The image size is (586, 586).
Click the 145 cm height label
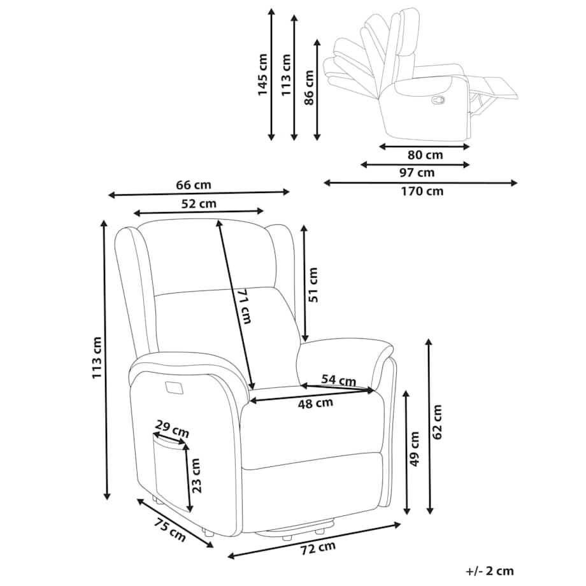coord(262,75)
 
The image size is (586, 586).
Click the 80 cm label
coord(425,155)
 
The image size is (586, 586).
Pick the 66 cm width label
coord(193,185)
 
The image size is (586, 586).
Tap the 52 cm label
coord(199,204)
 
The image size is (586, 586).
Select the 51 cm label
coord(313,284)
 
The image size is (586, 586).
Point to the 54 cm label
coord(338,380)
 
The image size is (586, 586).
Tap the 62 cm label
coord(437,422)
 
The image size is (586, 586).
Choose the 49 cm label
coord(415,449)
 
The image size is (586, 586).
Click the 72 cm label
coord(318,547)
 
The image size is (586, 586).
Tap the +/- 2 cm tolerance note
coord(490,571)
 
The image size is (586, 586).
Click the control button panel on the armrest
coord(172,387)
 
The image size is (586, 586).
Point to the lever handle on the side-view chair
coord(438,99)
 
